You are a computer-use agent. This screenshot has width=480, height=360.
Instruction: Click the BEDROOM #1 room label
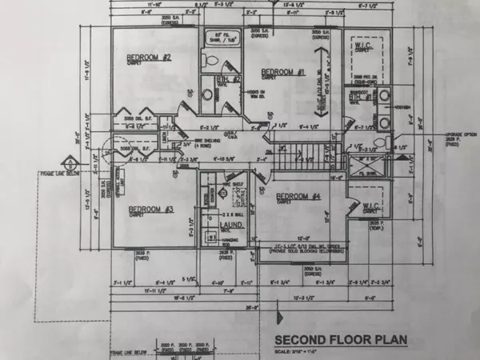tap(278, 73)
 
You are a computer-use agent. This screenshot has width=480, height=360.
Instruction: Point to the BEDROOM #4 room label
tap(298, 197)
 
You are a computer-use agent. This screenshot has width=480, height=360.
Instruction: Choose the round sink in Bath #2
tap(206, 94)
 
